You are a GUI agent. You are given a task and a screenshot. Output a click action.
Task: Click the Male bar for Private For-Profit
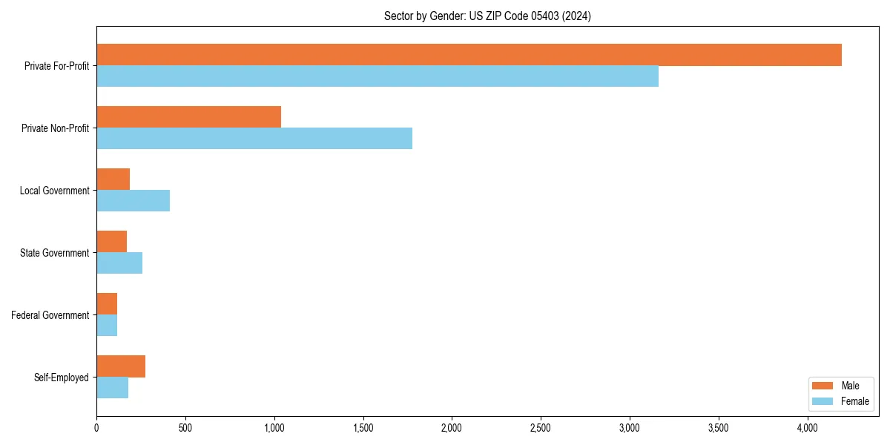(469, 55)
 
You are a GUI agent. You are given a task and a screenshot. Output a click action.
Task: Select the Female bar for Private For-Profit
(378, 76)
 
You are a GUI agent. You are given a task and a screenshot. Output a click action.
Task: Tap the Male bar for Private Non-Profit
(188, 117)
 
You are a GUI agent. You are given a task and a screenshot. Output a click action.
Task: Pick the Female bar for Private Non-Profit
(254, 139)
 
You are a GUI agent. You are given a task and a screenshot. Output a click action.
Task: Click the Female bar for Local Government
(133, 201)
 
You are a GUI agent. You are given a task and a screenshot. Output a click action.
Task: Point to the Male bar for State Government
(111, 242)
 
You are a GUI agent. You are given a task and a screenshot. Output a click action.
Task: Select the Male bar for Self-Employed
(121, 366)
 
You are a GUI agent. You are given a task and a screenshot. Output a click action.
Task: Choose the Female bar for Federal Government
(107, 326)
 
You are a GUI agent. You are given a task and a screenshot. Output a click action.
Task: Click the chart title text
(487, 16)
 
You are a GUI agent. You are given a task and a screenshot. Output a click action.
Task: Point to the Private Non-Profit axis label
(55, 128)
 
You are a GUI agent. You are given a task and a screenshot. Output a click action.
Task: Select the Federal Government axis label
(50, 315)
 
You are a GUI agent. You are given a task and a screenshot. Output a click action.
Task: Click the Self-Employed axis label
(62, 378)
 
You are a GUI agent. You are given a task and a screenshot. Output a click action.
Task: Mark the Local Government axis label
(54, 191)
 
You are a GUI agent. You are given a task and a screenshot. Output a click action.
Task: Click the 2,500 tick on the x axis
(541, 428)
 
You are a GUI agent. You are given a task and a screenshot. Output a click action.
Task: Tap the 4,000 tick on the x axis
(807, 428)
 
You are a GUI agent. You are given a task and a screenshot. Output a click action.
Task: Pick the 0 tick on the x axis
(96, 428)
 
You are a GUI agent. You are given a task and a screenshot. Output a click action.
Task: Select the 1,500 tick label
(363, 428)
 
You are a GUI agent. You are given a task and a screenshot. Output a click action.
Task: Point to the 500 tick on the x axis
(185, 428)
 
